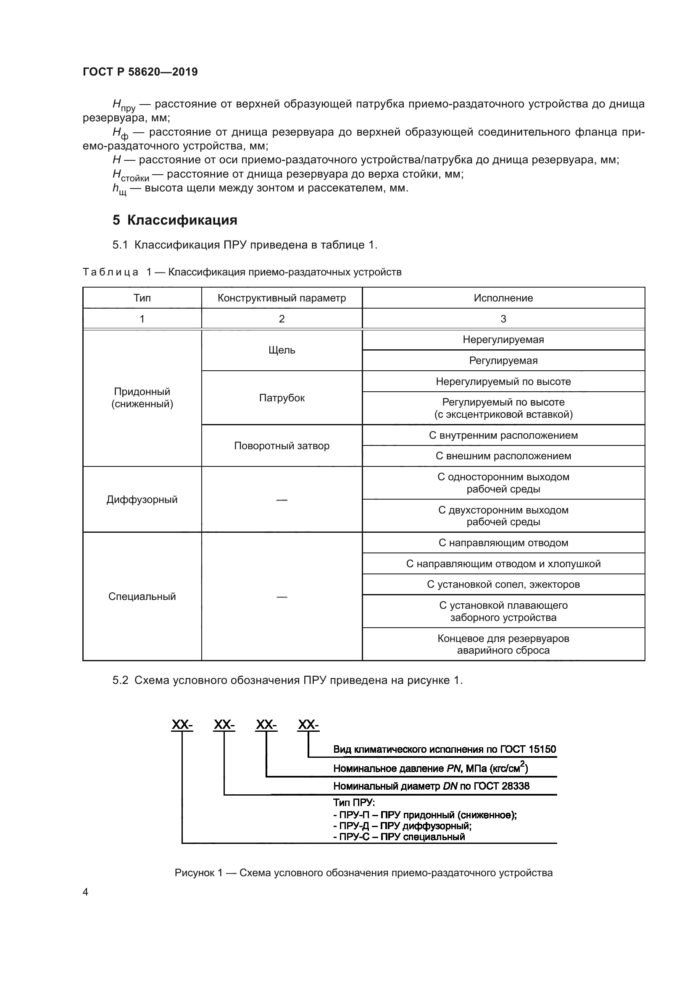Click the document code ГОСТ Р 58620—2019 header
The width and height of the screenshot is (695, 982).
140,72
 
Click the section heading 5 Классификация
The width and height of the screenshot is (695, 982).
175,220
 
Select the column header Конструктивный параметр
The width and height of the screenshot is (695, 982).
282,298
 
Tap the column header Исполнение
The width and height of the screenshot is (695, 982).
503,298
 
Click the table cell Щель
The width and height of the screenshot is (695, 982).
282,350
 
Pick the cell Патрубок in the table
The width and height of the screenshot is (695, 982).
282,398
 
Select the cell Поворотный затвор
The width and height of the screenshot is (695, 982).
282,446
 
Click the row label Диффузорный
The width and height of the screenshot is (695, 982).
142,500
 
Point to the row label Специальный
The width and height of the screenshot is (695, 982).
142,597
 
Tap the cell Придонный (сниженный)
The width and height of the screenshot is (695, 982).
142,398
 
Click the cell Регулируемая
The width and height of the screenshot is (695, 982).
503,361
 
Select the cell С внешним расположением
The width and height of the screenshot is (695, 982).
503,456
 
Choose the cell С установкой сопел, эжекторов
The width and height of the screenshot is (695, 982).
503,584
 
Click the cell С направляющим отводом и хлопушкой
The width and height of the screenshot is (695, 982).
503,564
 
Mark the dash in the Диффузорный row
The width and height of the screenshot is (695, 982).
282,500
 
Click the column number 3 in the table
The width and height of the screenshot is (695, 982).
503,319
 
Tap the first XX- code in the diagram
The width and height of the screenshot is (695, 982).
182,725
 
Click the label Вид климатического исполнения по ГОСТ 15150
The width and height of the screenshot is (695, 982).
444,749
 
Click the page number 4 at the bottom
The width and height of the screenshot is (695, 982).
85,892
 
